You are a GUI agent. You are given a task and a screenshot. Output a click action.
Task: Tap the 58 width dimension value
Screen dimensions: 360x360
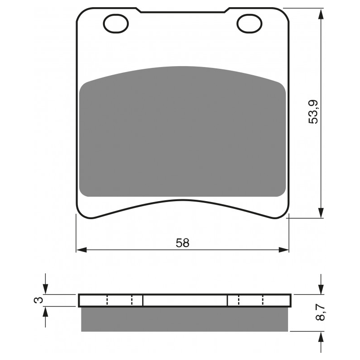(x=182, y=243)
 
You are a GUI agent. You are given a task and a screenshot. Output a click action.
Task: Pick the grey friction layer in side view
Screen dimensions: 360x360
(x=184, y=319)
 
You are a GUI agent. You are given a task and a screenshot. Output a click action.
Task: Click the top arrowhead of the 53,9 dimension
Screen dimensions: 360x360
(x=320, y=13)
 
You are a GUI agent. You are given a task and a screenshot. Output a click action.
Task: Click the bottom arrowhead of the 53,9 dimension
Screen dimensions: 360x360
(x=320, y=212)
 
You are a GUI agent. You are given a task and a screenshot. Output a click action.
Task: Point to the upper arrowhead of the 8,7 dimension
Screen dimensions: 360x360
(x=320, y=289)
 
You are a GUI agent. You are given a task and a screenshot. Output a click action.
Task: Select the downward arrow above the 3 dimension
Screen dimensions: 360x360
(x=45, y=289)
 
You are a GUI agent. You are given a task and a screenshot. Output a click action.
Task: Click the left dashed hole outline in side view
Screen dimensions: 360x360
(x=119, y=300)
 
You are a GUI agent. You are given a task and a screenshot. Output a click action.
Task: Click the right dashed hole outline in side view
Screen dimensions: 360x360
(x=251, y=300)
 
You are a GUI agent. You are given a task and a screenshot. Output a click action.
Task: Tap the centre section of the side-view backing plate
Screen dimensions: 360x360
(x=184, y=300)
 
